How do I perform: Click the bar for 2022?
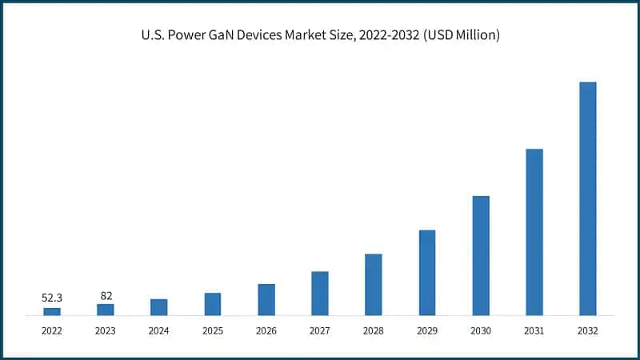(x=52, y=311)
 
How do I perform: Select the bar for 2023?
(x=106, y=310)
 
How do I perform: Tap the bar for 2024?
(x=159, y=307)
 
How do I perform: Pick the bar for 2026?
(x=266, y=299)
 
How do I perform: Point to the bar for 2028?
(x=374, y=285)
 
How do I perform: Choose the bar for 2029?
(x=427, y=273)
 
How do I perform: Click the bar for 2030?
(x=481, y=255)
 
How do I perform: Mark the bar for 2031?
(x=534, y=232)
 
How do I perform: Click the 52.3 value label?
(x=52, y=298)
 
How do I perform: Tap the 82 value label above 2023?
(x=106, y=295)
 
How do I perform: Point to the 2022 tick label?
(x=52, y=330)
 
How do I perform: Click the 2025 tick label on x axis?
(x=213, y=330)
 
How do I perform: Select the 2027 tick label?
(x=320, y=330)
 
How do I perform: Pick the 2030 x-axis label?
(x=481, y=330)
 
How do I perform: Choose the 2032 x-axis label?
(x=588, y=330)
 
